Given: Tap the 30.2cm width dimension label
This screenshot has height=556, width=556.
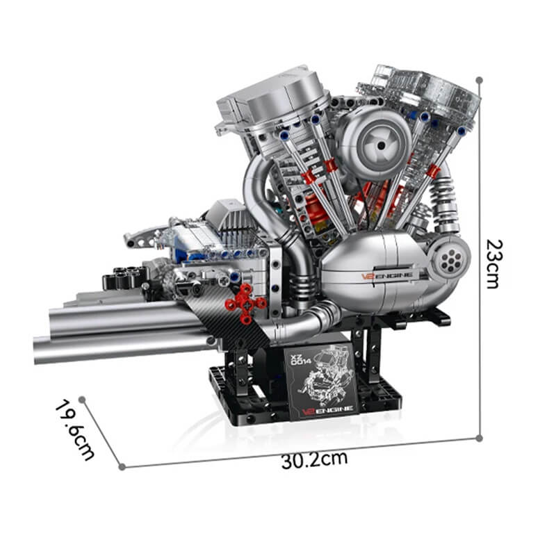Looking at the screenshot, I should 314,460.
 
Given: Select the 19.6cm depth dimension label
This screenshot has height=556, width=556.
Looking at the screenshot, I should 75,430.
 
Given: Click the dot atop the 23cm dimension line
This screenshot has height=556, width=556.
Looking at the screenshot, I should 479,80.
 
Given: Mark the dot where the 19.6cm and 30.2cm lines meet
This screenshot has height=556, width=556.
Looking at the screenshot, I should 122,467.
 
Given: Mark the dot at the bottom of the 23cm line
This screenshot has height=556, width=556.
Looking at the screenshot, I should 479,438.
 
